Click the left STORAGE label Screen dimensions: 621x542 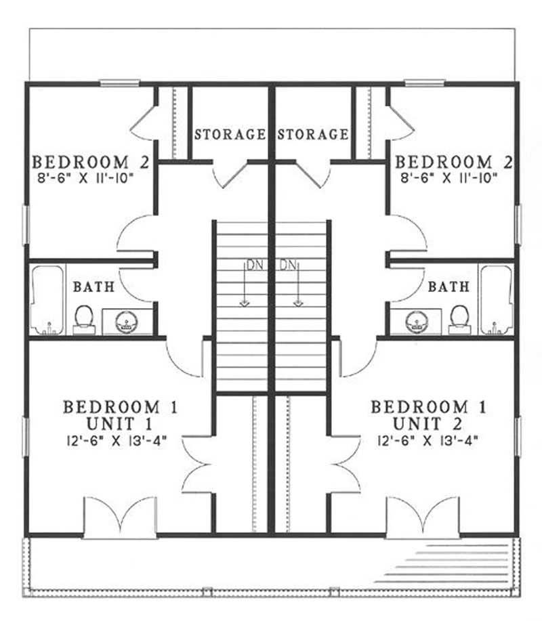230,134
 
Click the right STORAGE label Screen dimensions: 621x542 312,134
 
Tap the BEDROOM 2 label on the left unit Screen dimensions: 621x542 81,163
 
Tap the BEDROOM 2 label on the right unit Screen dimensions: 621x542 453,163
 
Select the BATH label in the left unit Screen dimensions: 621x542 93,287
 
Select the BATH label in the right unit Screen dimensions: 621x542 449,287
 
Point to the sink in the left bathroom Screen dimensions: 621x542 125,321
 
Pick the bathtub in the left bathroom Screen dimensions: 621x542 46,299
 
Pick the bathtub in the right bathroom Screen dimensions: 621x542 497,299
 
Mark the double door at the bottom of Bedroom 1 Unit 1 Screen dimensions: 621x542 120,518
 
